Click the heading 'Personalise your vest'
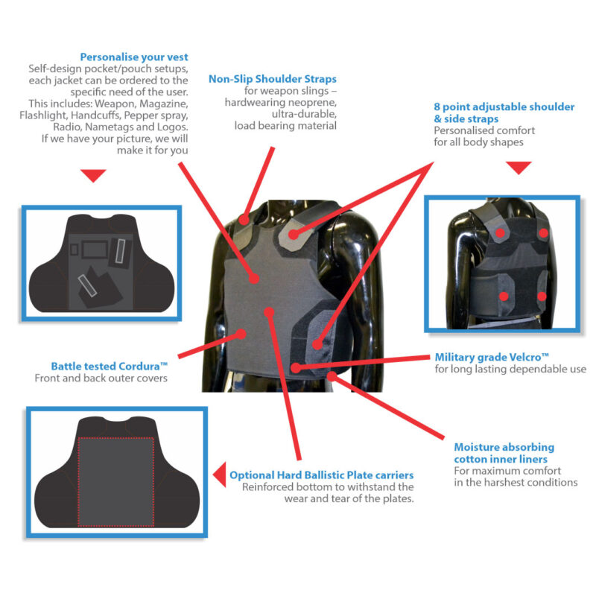point(134,57)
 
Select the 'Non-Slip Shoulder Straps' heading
point(273,79)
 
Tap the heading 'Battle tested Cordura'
point(109,366)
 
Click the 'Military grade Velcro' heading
point(492,358)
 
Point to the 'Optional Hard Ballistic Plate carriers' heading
point(322,475)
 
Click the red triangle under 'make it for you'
point(93,175)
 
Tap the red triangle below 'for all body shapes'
point(519,168)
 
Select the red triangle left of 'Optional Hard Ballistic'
point(219,475)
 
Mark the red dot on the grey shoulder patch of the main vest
point(293,235)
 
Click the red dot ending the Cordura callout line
point(241,334)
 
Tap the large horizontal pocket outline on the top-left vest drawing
point(95,250)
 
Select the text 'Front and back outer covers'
point(101,378)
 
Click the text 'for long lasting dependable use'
point(510,369)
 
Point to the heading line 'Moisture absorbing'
point(504,447)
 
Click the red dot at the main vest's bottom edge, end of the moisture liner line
point(332,376)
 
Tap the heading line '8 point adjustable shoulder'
point(504,107)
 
